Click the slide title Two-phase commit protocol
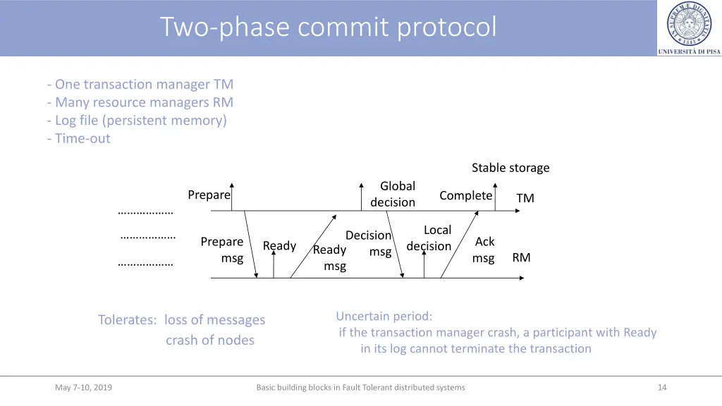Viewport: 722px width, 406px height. click(328, 27)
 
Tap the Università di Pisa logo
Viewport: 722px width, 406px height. click(689, 27)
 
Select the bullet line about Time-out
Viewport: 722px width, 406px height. click(79, 138)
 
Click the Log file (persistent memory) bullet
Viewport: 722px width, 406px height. click(137, 121)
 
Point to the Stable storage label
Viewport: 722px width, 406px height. click(510, 168)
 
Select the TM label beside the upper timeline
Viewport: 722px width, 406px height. click(525, 198)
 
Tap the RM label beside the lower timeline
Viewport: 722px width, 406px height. click(521, 257)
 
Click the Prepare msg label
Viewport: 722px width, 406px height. click(223, 250)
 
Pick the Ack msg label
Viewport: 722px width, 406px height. click(484, 250)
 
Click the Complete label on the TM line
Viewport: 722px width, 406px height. click(465, 195)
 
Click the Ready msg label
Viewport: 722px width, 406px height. click(330, 258)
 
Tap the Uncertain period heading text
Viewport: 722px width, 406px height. click(384, 316)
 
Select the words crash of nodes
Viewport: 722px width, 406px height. click(209, 340)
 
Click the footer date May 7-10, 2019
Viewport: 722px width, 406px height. click(83, 387)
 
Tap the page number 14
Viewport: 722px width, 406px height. click(661, 387)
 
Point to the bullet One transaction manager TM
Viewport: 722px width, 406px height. click(140, 85)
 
